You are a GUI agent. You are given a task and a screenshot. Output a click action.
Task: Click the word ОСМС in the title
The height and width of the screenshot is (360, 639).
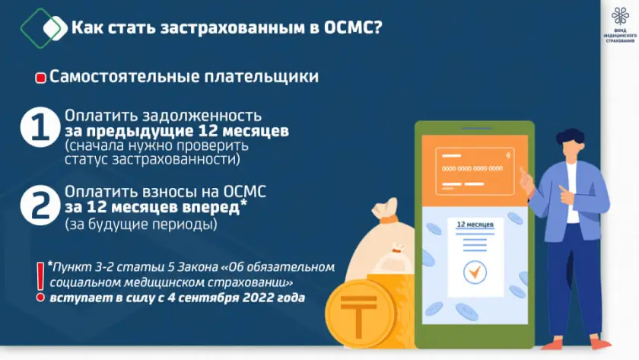353,27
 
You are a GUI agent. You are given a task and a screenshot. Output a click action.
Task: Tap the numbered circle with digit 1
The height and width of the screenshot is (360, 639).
40,127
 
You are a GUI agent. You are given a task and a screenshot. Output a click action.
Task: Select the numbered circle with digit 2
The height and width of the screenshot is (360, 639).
40,205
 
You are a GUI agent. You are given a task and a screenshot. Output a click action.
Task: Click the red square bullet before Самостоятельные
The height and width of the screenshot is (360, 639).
40,78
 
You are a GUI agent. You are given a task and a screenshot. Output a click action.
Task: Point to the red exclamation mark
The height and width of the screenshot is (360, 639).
40,282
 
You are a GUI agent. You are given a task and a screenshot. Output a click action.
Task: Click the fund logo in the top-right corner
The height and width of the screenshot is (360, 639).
620,25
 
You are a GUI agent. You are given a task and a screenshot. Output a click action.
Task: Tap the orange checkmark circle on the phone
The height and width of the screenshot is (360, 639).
475,272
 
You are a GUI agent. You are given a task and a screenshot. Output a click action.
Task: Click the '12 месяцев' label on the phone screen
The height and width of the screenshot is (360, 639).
475,225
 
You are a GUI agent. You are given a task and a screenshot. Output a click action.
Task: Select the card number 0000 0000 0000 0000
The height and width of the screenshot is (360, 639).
472,168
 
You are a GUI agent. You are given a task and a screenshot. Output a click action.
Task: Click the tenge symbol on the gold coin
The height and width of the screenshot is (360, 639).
358,316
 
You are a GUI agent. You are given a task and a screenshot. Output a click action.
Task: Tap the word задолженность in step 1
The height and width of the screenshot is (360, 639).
202,116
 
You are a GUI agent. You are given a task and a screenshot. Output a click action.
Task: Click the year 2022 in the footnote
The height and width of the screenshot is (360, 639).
255,298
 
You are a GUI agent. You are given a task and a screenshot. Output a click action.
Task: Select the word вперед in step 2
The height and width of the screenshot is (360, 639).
211,208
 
